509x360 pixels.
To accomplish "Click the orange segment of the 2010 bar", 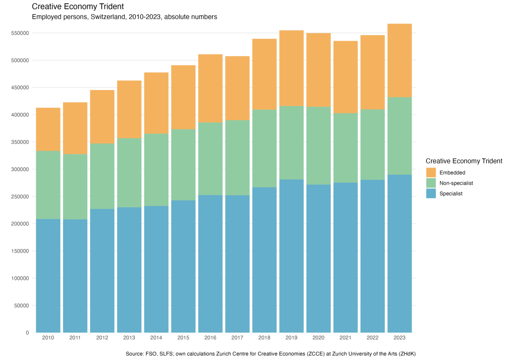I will tap(48, 129).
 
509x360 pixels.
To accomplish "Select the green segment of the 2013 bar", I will tap(129, 172).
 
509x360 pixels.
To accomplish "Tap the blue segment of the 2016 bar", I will tap(210, 263).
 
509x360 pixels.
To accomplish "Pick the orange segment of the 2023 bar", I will tap(400, 60).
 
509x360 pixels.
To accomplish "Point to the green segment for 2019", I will tap(291, 143).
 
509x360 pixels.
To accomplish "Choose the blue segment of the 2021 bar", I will tap(346, 257).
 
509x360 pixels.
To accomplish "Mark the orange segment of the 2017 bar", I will tap(237, 88).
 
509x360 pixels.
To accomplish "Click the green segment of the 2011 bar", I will tap(75, 187).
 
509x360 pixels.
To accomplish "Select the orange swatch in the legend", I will tap(431, 172).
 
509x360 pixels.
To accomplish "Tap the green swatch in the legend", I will tap(431, 183).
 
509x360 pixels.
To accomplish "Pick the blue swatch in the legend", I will tap(431, 194).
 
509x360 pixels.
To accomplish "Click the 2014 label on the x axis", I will tap(156, 338).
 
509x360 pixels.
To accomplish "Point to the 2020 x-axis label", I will tap(319, 338).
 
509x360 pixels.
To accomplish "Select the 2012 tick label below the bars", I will tap(102, 338).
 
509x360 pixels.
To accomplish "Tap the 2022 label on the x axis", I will tap(373, 338).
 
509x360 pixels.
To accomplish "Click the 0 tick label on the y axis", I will tap(27, 333).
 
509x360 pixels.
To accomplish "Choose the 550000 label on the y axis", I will tap(20, 33).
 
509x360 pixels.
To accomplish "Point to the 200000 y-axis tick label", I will tap(20, 224).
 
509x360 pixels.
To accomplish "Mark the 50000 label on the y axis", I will tap(21, 306).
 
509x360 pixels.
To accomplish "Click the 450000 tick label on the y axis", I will tap(20, 87).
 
